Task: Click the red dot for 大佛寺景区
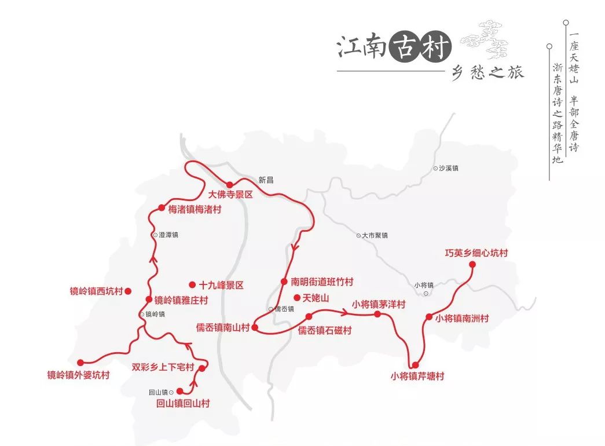[229, 185]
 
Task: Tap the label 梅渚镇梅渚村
[195, 209]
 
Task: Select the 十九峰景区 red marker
[192, 284]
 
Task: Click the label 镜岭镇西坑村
[96, 291]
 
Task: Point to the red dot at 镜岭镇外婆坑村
[80, 363]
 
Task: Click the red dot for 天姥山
[297, 298]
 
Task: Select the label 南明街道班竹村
[322, 282]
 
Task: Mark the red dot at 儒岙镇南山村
[254, 328]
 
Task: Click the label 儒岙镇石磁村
[325, 331]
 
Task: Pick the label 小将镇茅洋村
[379, 304]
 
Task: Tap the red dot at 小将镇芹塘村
[415, 364]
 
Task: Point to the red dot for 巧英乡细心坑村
[472, 264]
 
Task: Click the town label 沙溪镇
[448, 168]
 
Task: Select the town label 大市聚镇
[375, 235]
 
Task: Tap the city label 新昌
[266, 180]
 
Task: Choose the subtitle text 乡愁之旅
[487, 74]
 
